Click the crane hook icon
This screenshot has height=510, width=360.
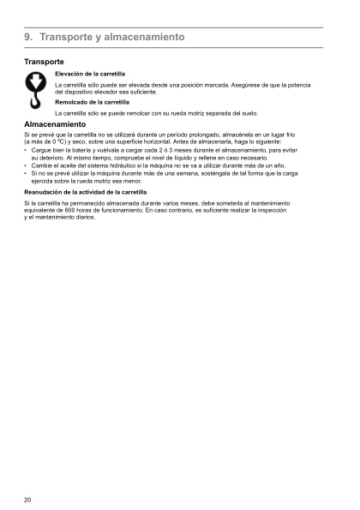coord(36,88)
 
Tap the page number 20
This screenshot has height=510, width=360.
coord(28,499)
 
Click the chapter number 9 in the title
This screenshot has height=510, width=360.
coord(28,38)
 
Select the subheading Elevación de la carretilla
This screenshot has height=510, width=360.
coord(90,75)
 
